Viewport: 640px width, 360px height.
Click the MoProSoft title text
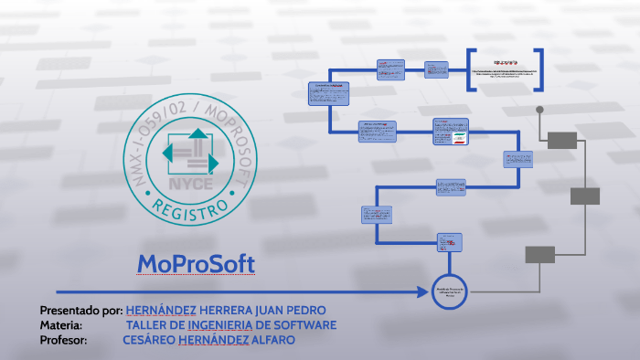[196, 264]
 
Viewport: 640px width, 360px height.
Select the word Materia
[61, 325]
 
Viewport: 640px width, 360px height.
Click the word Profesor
[63, 341]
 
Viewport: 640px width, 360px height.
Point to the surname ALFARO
[272, 341]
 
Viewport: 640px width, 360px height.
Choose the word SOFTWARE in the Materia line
[304, 325]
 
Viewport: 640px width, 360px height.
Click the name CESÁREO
[147, 341]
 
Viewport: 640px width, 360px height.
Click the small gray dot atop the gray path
[539, 110]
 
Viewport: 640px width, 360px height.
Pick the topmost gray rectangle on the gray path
[562, 140]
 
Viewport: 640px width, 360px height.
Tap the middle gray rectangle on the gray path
[584, 196]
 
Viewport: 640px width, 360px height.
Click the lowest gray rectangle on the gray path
[539, 255]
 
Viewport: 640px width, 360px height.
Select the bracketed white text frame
[506, 69]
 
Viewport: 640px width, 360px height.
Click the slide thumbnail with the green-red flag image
[450, 132]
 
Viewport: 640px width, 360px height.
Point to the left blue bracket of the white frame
[470, 69]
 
